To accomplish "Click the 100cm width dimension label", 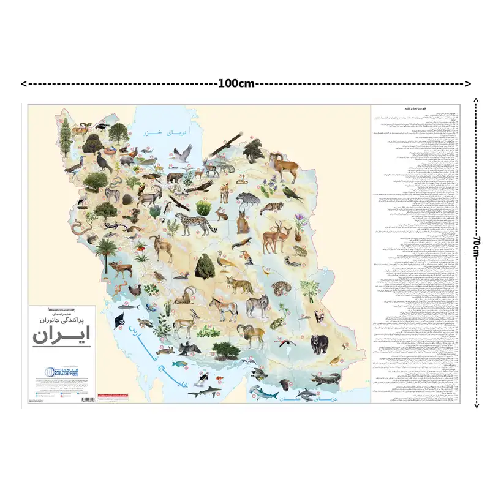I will (x=235, y=84).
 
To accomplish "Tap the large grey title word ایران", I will (x=60, y=335).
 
